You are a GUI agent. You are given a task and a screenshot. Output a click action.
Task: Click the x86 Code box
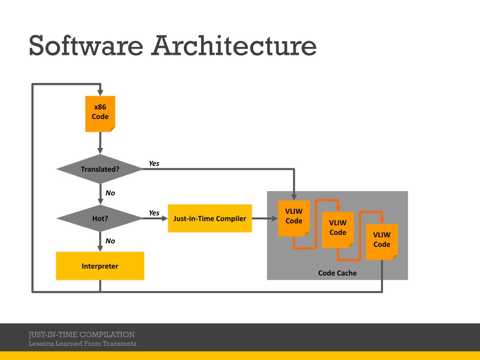[x=100, y=113]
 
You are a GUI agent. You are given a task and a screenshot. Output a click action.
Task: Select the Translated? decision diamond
[x=100, y=169]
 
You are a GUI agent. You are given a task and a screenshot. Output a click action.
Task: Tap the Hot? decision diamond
[x=100, y=218]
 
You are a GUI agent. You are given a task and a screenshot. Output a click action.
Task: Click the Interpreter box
[x=100, y=266]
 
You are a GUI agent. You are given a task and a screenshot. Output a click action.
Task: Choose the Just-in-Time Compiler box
[x=210, y=218]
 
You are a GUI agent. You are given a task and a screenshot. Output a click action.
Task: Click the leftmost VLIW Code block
[x=294, y=218]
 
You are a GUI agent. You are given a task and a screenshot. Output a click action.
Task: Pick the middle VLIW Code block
[x=337, y=230]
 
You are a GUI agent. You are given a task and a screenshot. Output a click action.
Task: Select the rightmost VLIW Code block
[x=382, y=242]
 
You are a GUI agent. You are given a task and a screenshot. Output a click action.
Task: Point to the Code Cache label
[x=337, y=273]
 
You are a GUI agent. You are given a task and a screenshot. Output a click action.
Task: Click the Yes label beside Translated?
[x=154, y=164]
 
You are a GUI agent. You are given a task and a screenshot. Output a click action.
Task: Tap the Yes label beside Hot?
[x=154, y=213]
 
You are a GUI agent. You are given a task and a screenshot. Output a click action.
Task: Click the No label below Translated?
[x=110, y=193]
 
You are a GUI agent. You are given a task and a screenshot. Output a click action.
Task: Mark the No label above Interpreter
[x=110, y=241]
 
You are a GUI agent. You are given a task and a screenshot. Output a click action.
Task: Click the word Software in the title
[x=86, y=45]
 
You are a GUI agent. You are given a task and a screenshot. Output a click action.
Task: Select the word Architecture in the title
[x=234, y=45]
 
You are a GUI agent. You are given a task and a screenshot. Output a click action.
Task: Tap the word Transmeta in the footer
[x=120, y=344]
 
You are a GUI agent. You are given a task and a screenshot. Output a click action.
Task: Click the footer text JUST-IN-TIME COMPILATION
[x=82, y=334]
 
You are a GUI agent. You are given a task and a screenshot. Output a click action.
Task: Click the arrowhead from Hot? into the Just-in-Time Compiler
[x=165, y=218]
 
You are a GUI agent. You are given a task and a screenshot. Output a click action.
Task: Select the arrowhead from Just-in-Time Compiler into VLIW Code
[x=275, y=218]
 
